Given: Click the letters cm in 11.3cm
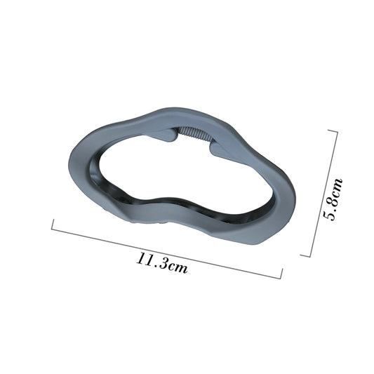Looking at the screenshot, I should pos(177,267).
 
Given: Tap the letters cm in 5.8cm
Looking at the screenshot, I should pos(337,187).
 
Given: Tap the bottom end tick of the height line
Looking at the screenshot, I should pos(306,255).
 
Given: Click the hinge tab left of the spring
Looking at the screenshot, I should pos(167,135).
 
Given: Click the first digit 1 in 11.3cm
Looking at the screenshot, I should pos(140,258).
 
